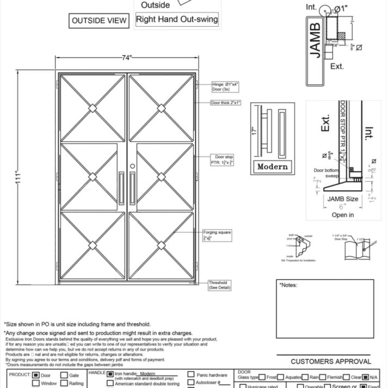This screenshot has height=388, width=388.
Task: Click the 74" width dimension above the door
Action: pyautogui.click(x=127, y=57)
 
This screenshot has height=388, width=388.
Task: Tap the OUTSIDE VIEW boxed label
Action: pyautogui.click(x=100, y=21)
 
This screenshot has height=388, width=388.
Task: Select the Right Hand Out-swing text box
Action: pyautogui.click(x=177, y=20)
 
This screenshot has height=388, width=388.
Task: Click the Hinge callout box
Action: pyautogui.click(x=226, y=87)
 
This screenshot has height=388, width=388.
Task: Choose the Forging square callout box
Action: pyautogui.click(x=217, y=235)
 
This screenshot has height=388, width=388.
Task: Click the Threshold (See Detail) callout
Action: pyautogui.click(x=220, y=285)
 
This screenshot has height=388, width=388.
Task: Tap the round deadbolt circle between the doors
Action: pyautogui.click(x=132, y=166)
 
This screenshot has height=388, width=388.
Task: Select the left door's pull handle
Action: pyautogui.click(x=121, y=188)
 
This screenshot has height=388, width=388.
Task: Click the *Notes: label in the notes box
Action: pyautogui.click(x=289, y=285)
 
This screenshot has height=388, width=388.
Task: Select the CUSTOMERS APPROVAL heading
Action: pyautogui.click(x=331, y=361)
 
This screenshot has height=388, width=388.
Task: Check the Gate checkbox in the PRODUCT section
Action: pyautogui.click(x=64, y=375)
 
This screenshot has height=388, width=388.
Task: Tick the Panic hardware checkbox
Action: pyautogui.click(x=190, y=374)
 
